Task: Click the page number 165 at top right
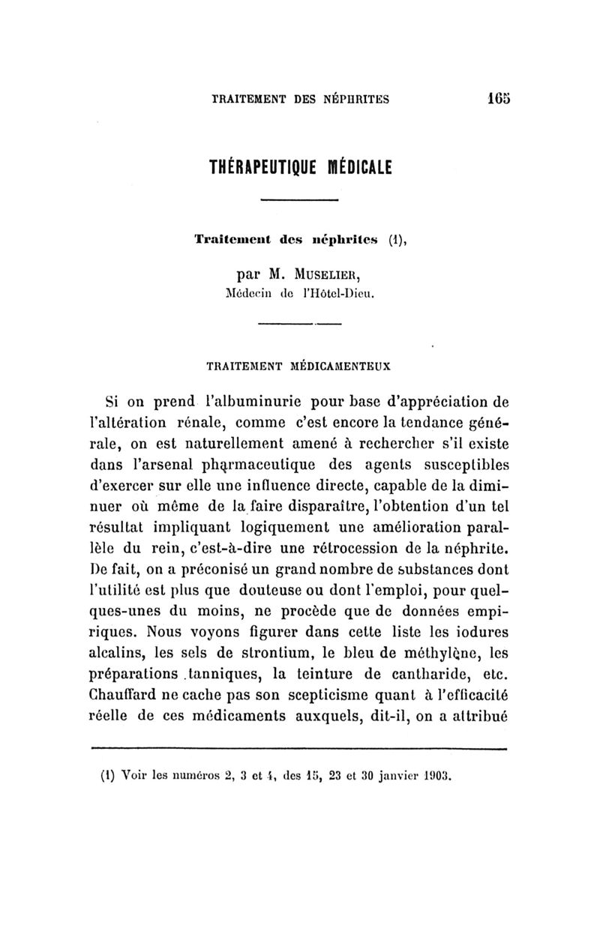pyautogui.click(x=497, y=97)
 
